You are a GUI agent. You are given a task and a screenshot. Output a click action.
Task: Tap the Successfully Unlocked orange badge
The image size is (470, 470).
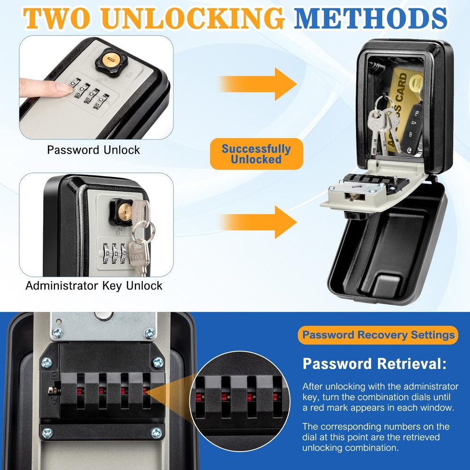click(x=256, y=154)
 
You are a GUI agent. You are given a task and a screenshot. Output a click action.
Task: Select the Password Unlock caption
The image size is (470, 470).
click(x=94, y=150)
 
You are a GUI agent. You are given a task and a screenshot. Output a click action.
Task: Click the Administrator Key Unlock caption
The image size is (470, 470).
click(x=94, y=285)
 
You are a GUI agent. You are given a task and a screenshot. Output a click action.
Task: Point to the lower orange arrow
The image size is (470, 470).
click(x=258, y=221)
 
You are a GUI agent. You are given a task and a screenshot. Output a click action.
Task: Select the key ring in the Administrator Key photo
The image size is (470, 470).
click(x=142, y=231)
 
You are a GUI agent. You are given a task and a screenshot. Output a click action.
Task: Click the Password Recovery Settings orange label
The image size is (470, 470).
click(x=378, y=335)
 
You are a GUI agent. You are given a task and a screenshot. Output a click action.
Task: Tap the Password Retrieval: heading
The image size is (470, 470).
click(x=374, y=364)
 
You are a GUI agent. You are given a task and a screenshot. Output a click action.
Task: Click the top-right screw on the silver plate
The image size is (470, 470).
click(x=149, y=333)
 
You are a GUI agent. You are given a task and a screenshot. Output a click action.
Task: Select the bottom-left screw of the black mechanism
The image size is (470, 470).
click(x=47, y=432)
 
